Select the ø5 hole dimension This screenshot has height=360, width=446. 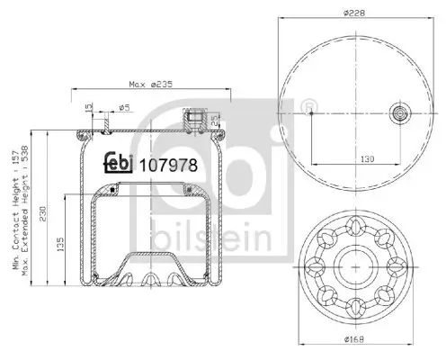[125, 108]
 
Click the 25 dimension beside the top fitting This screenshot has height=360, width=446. [215, 120]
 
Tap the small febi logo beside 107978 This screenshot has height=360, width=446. [118, 162]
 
